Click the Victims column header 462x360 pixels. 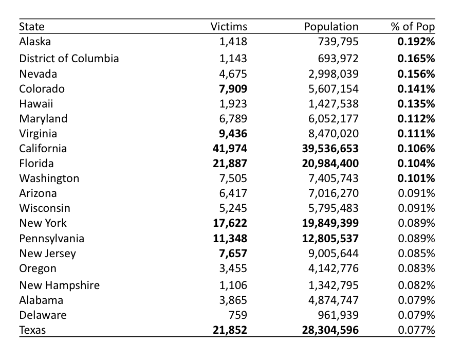[x=229, y=27]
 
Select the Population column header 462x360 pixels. [x=331, y=27]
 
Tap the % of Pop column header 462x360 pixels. [x=413, y=27]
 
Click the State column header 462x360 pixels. [x=32, y=27]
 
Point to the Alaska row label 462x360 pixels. [x=35, y=41]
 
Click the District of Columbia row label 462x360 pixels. [x=69, y=59]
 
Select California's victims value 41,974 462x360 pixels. [x=230, y=148]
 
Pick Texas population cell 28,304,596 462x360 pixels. [x=330, y=330]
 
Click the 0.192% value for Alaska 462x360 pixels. [x=416, y=42]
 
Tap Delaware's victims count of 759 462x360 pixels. [x=238, y=315]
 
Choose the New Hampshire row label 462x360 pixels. [x=60, y=285]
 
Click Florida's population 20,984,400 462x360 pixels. [x=330, y=164]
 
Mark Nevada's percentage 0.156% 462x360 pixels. [x=416, y=74]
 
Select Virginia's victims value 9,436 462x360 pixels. [x=233, y=134]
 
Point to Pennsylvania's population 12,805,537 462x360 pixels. [x=330, y=238]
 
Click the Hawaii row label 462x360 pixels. [x=36, y=103]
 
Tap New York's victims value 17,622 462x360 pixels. [x=230, y=223]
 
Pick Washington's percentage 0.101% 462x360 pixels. [x=416, y=178]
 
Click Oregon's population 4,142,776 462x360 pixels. [x=334, y=268]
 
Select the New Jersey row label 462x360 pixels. [x=47, y=254]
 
